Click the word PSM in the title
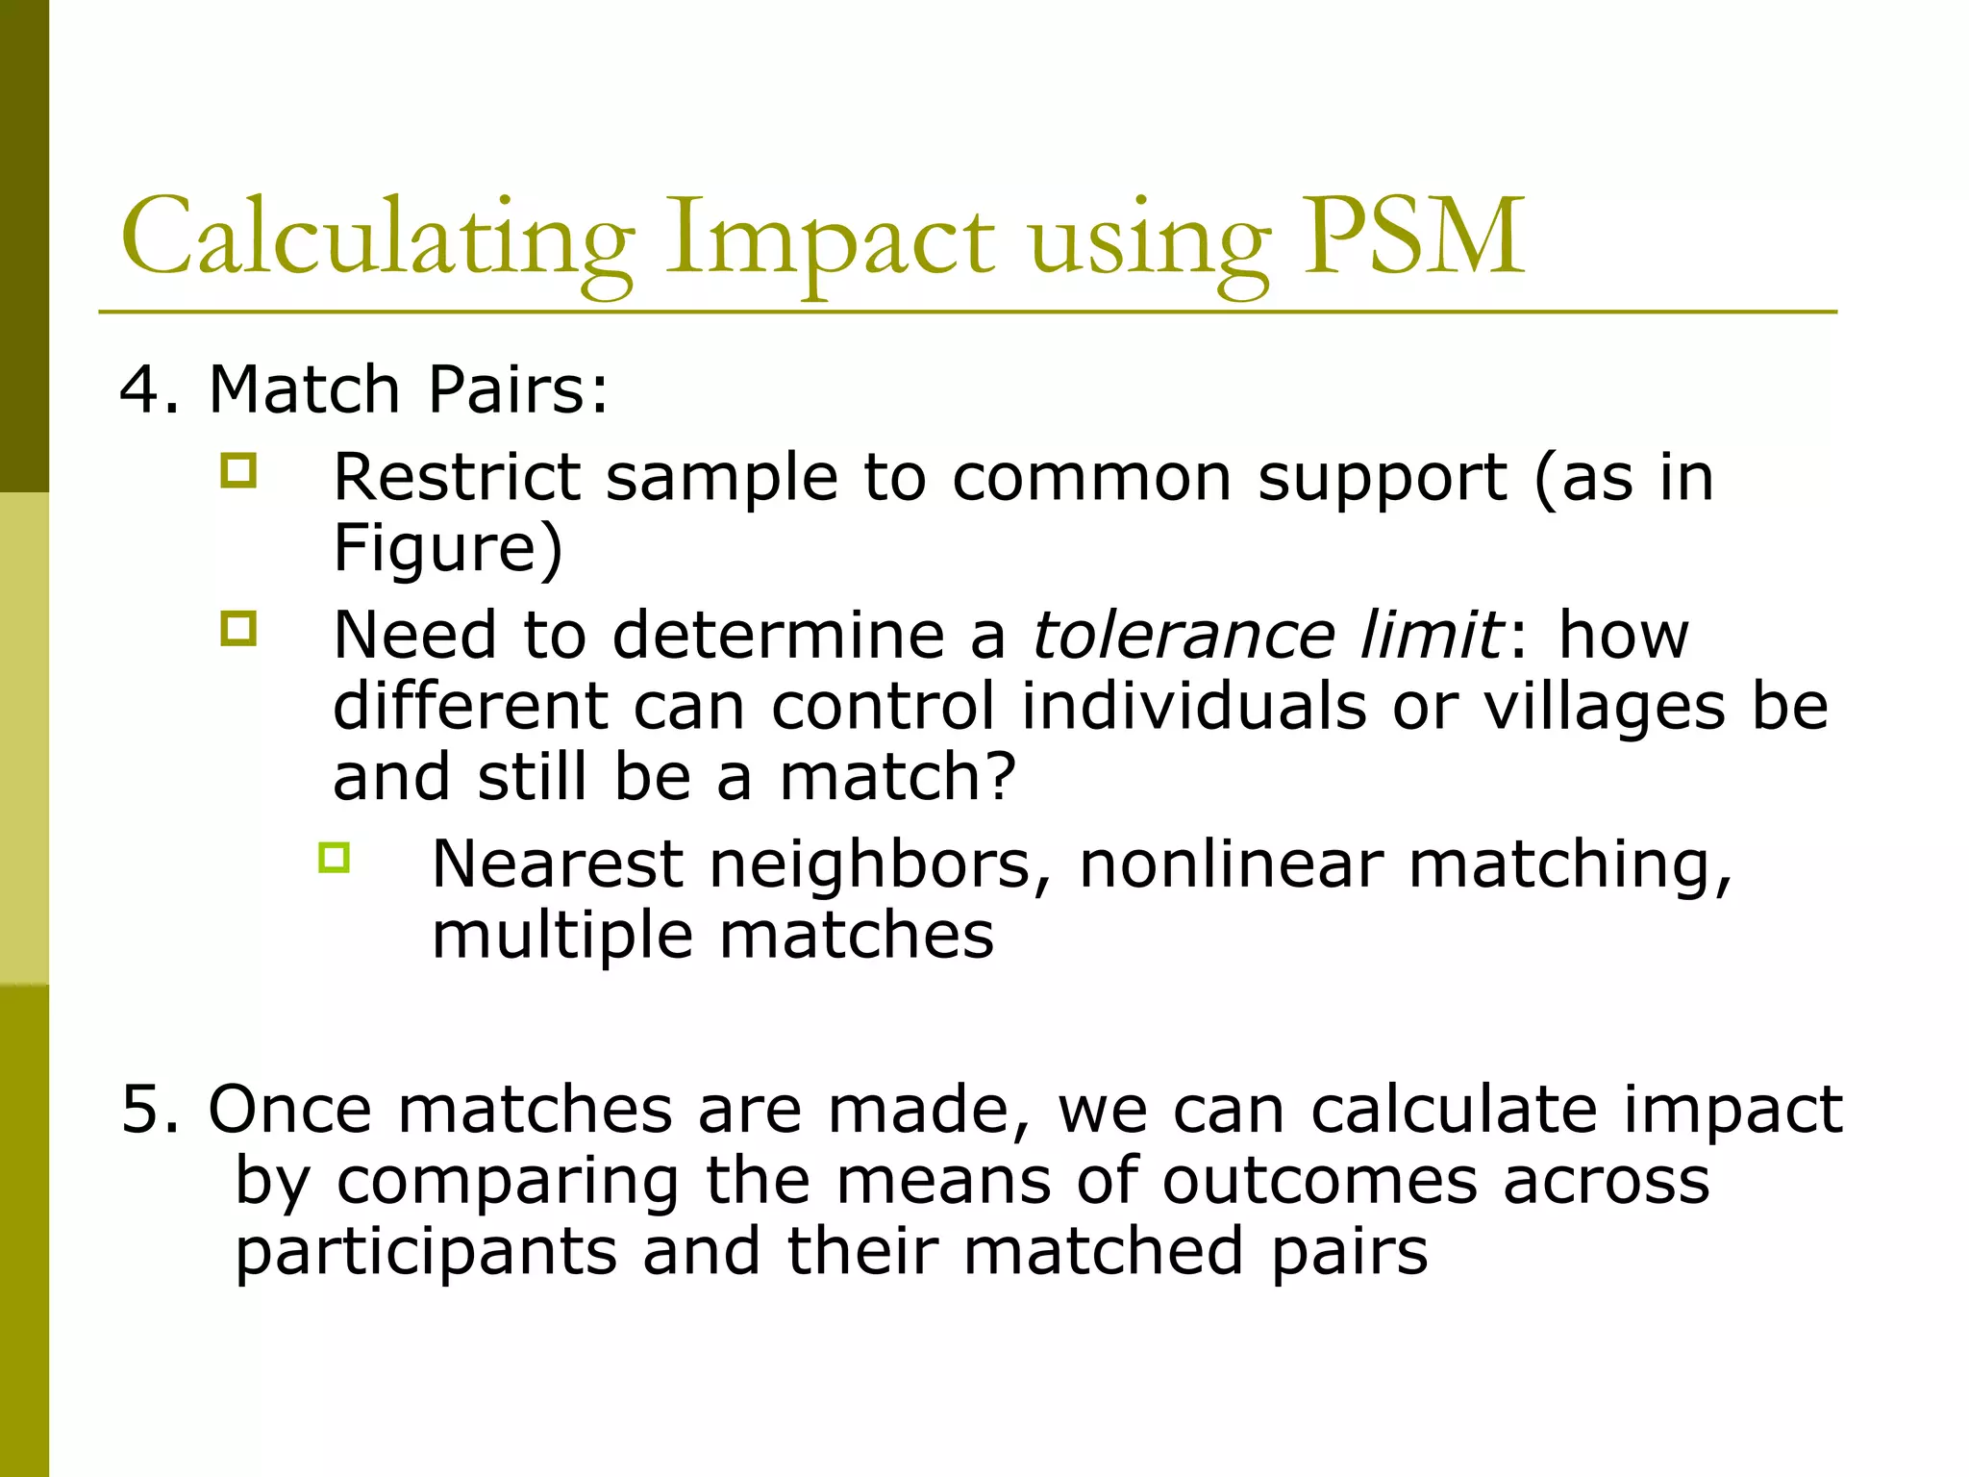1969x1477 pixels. [1413, 236]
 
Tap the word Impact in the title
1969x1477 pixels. [829, 240]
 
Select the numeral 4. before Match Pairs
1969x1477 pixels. [149, 389]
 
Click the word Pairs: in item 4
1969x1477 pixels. [517, 389]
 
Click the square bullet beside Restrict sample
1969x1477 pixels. [238, 471]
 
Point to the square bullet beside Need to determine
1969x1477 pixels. [238, 629]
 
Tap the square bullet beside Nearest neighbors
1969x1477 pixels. [334, 857]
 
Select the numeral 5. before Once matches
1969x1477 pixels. [149, 1109]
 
